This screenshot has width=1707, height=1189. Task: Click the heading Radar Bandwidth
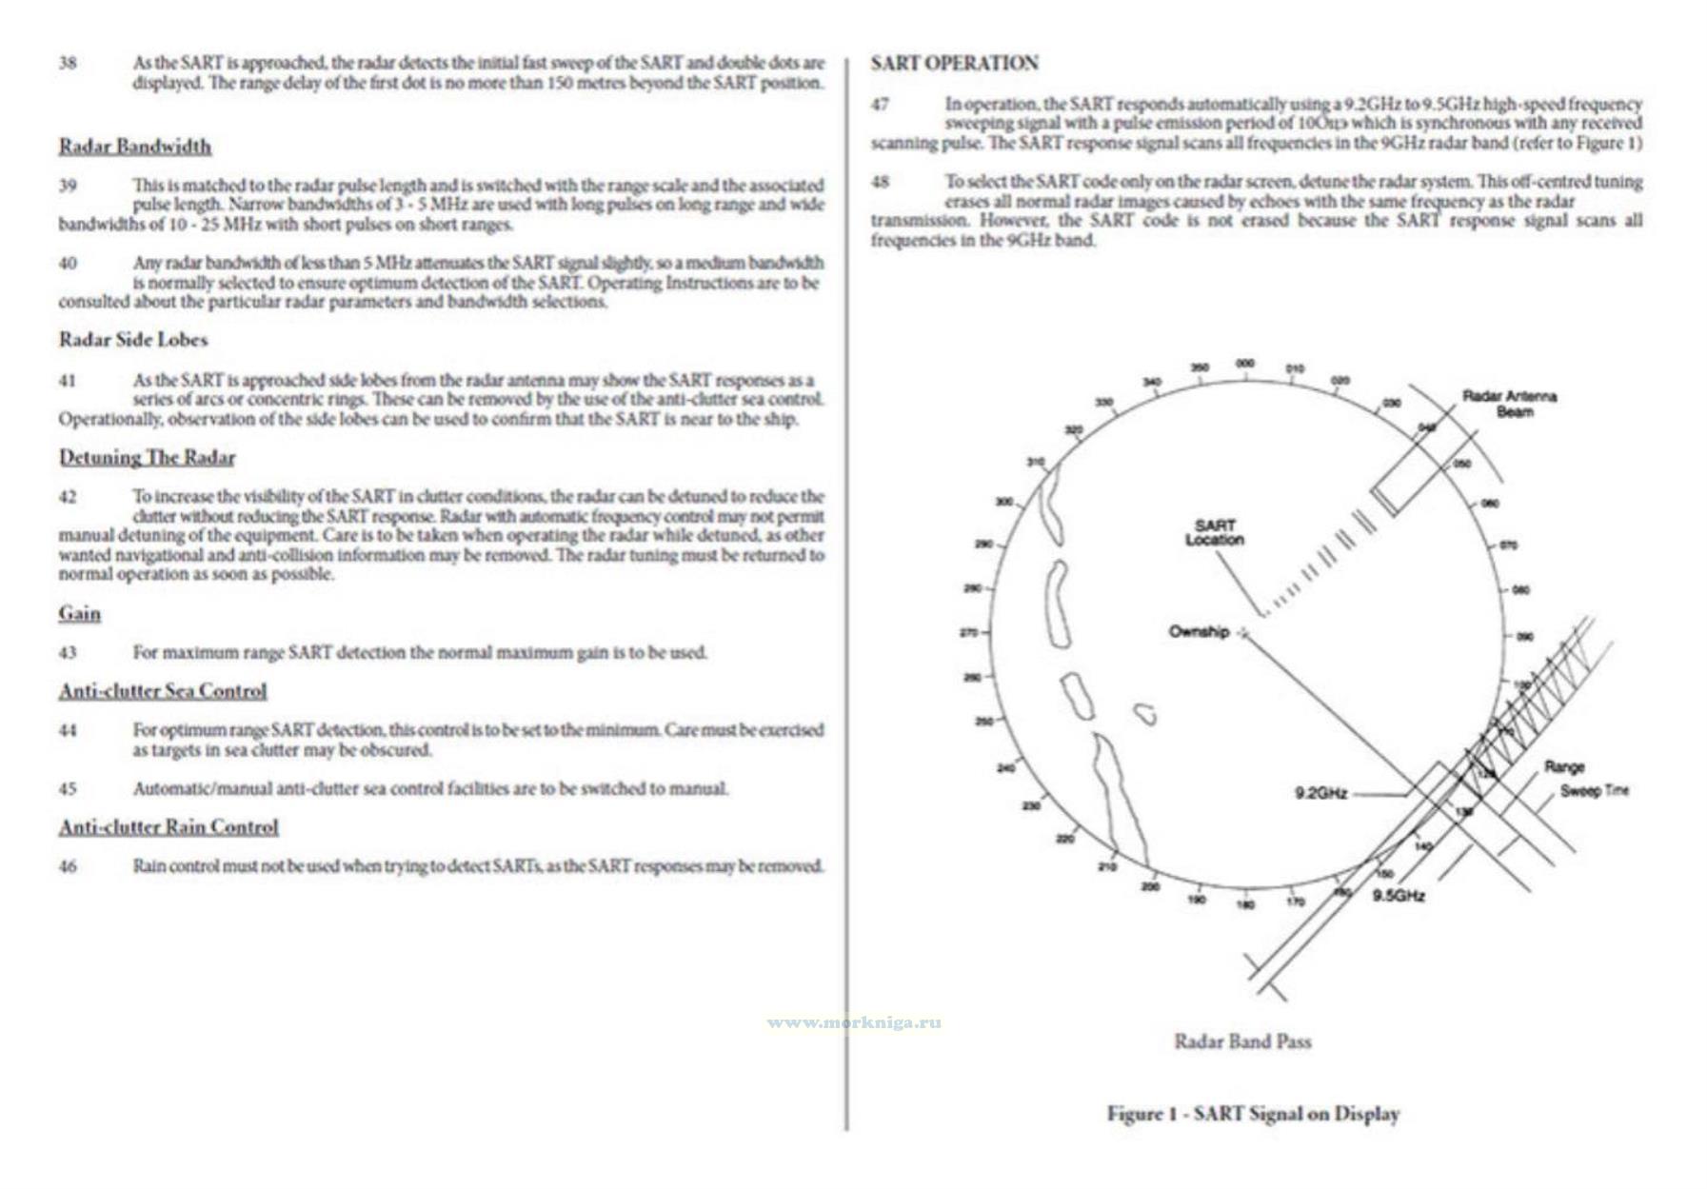tap(135, 147)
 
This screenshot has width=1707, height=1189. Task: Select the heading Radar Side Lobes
tap(133, 340)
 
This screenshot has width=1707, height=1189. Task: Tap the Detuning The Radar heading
tap(147, 458)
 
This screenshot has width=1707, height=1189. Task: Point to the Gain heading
tap(79, 614)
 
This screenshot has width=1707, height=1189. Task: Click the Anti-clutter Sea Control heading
tap(163, 691)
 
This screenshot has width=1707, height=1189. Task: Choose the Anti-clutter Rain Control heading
tap(169, 827)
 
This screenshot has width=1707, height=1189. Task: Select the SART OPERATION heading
tap(954, 64)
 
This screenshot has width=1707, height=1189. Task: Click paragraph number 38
tap(68, 64)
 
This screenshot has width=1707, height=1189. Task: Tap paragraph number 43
tap(68, 653)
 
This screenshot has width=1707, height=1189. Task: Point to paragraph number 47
tap(880, 104)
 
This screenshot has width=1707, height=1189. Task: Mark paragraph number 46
tap(68, 866)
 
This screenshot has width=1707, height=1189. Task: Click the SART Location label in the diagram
tap(1214, 532)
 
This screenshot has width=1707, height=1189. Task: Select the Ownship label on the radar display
tap(1199, 632)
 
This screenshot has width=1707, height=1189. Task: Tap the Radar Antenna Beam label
tap(1509, 404)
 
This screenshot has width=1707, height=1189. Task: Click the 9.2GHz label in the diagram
tap(1320, 793)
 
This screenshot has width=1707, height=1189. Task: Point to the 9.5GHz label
tap(1399, 896)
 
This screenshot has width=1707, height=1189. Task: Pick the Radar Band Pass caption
tap(1242, 1041)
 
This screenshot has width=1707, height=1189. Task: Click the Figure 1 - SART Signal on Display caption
tap(1253, 1114)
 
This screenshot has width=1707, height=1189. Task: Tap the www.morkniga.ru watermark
tap(854, 1022)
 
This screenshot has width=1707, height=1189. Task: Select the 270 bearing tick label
tap(967, 632)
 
